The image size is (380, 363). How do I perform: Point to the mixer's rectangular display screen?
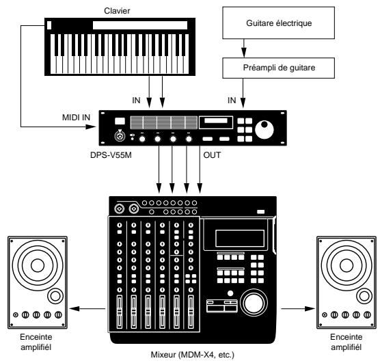[x=236, y=239]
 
